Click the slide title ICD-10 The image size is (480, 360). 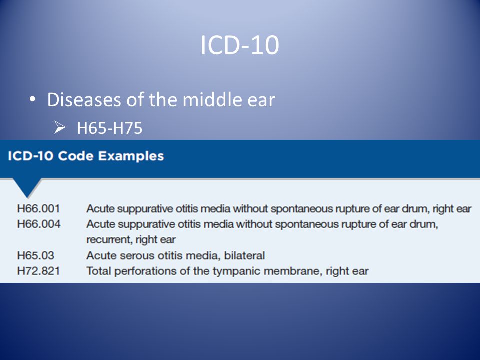tap(239, 46)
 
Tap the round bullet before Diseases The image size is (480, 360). tap(32, 99)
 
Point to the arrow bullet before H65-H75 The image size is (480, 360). tap(60, 128)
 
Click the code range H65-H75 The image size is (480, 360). tap(110, 128)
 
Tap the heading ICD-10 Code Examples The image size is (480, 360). tap(85, 156)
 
